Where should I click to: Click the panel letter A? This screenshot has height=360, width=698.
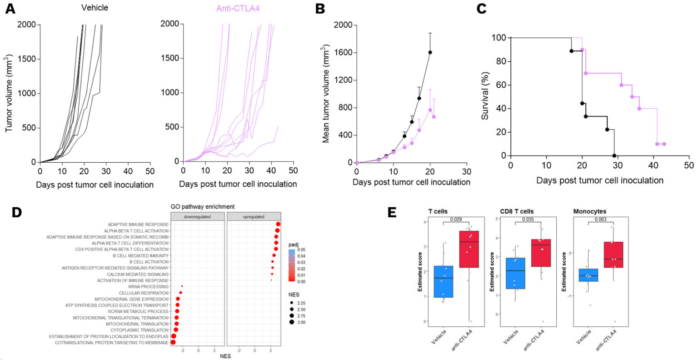(x=10, y=8)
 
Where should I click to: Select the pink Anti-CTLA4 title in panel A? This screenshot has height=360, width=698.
(x=238, y=8)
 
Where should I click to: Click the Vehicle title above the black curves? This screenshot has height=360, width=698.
(x=95, y=8)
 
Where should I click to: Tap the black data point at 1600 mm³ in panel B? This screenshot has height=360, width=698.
(x=430, y=52)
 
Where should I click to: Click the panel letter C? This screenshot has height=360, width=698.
(x=481, y=8)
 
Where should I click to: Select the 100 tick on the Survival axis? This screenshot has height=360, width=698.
(x=499, y=38)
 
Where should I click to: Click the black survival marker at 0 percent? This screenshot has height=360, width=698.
(x=614, y=156)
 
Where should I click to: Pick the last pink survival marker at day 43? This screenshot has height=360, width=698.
(x=664, y=144)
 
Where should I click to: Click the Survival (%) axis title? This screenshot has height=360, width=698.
(x=485, y=96)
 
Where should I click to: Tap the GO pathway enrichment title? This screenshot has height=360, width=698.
(x=203, y=206)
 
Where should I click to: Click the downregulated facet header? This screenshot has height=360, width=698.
(x=197, y=216)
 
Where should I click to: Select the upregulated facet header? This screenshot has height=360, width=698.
(x=254, y=216)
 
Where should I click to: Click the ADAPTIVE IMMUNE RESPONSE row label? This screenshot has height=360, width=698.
(x=138, y=225)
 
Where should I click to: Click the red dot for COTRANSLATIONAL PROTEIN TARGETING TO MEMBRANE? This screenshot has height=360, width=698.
(x=173, y=342)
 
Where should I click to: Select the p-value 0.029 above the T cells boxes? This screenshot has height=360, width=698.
(x=456, y=220)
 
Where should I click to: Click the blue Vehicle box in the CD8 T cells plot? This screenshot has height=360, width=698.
(x=515, y=273)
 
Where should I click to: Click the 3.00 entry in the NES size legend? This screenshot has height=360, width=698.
(x=300, y=322)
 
